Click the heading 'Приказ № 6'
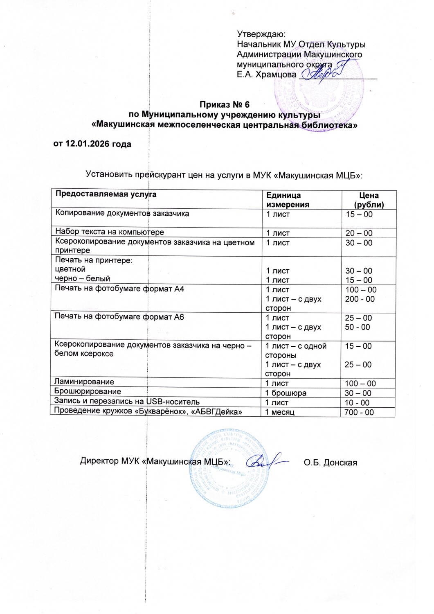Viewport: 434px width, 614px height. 224,105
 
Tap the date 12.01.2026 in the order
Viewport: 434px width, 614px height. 86,144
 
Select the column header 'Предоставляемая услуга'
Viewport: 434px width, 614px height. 106,194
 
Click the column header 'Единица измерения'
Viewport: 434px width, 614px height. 288,200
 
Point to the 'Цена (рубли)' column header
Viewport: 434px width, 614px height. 369,200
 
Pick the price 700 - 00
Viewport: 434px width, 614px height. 359,412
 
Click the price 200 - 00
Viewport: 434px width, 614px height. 360,299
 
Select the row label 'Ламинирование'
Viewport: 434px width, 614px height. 84,382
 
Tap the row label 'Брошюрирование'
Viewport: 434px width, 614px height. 88,391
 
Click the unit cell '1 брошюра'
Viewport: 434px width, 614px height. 286,393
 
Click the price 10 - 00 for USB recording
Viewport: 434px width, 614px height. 357,403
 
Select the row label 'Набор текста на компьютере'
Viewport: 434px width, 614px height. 110,232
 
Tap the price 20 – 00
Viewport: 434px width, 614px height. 359,233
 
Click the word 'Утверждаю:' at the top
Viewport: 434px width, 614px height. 261,34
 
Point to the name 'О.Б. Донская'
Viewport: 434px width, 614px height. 330,463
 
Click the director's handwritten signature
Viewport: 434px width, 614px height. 264,461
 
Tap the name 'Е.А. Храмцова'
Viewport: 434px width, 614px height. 266,74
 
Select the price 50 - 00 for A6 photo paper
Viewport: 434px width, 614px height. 357,327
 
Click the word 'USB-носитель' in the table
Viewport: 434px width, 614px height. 173,402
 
